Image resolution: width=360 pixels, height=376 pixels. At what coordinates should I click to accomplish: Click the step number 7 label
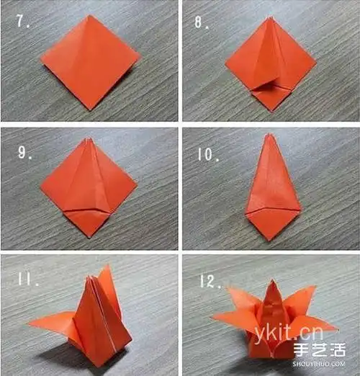pyautogui.click(x=23, y=21)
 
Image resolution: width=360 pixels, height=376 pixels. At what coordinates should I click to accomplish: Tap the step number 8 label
pyautogui.click(x=202, y=23)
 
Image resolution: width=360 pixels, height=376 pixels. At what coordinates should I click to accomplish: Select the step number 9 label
pyautogui.click(x=24, y=152)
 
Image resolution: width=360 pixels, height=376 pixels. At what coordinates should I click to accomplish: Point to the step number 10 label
pyautogui.click(x=208, y=154)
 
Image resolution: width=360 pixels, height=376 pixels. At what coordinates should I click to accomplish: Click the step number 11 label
pyautogui.click(x=27, y=279)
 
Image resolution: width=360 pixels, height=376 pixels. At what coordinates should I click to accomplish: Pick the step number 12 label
pyautogui.click(x=210, y=281)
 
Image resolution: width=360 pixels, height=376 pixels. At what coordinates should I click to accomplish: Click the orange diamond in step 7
pyautogui.click(x=90, y=62)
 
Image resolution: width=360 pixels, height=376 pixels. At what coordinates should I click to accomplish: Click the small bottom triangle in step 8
pyautogui.click(x=271, y=98)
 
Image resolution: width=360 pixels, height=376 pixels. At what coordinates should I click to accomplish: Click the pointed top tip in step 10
pyautogui.click(x=269, y=134)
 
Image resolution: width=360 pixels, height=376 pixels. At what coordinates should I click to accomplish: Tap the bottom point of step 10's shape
pyautogui.click(x=271, y=241)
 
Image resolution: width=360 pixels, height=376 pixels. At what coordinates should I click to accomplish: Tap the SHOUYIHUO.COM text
pyautogui.click(x=319, y=364)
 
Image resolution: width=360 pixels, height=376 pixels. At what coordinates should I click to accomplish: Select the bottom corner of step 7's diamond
pyautogui.click(x=90, y=110)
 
